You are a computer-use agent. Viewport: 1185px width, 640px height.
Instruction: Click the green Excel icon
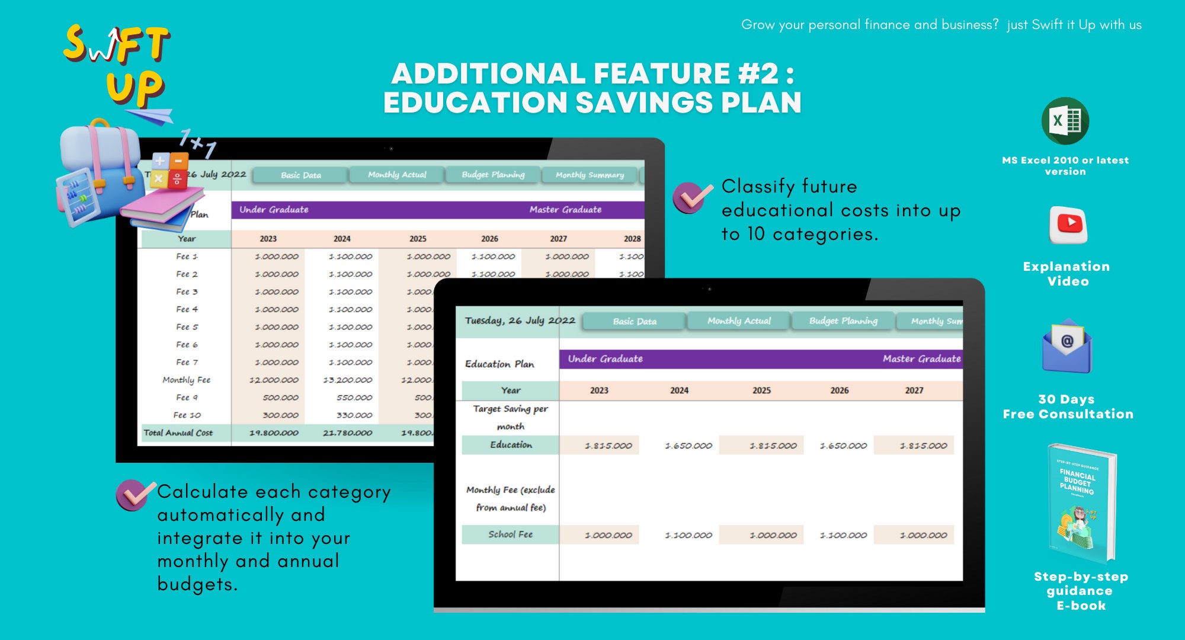click(x=1065, y=121)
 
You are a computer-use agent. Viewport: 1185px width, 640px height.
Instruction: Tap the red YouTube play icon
click(x=1069, y=225)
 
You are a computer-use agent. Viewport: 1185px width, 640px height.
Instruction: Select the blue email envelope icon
click(x=1066, y=347)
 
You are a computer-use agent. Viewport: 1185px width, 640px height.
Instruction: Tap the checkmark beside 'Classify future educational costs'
click(x=691, y=197)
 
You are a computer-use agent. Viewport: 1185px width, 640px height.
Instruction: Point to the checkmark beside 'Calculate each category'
click(x=134, y=495)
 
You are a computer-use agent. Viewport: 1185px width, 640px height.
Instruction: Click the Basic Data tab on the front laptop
click(x=634, y=321)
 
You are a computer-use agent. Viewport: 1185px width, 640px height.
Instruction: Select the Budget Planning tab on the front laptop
click(x=843, y=321)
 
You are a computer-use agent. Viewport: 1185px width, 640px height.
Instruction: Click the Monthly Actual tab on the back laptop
click(x=396, y=175)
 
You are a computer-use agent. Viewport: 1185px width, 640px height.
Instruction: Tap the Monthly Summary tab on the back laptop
click(x=590, y=175)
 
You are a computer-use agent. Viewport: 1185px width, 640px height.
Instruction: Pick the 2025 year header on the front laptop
click(x=761, y=391)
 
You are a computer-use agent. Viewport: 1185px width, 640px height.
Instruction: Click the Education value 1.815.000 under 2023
click(x=608, y=446)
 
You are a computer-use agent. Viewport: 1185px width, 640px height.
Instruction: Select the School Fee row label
click(x=510, y=535)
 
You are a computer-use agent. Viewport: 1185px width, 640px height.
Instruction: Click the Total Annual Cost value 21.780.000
click(x=347, y=433)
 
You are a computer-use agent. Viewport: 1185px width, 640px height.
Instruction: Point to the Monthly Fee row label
click(x=186, y=380)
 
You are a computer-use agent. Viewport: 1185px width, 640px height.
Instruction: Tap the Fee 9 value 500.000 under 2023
click(x=280, y=398)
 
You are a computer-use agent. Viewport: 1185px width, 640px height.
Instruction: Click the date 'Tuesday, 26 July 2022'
click(x=520, y=321)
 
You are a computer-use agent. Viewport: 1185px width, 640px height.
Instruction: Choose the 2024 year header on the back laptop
click(x=342, y=239)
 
